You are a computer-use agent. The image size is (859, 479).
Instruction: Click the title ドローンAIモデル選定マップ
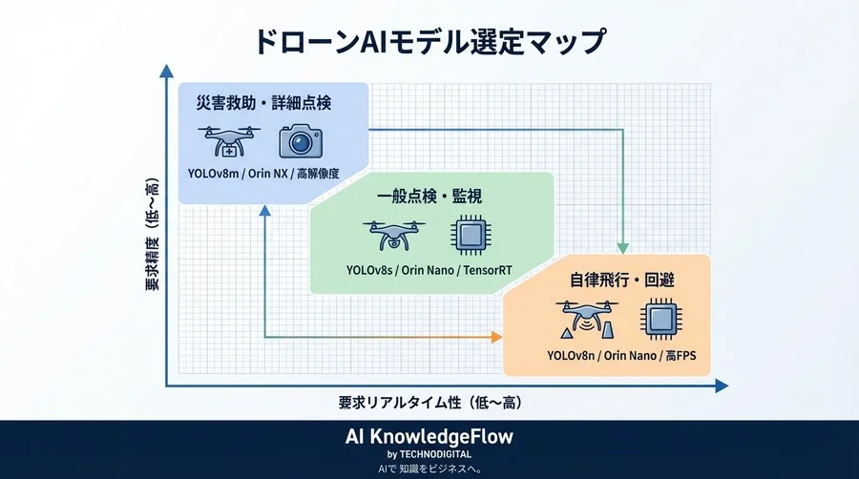point(429,43)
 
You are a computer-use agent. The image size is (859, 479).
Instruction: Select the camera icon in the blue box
point(301,141)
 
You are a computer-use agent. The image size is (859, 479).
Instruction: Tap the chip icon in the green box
point(468,234)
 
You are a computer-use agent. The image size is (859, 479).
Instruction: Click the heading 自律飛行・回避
point(609,281)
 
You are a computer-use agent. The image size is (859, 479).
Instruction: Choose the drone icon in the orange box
point(583,320)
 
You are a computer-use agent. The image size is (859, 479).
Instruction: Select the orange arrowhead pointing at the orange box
point(496,336)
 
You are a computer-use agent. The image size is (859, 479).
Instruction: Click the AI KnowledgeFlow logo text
point(429,437)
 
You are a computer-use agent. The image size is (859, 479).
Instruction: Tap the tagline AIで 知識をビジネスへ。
point(429,469)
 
